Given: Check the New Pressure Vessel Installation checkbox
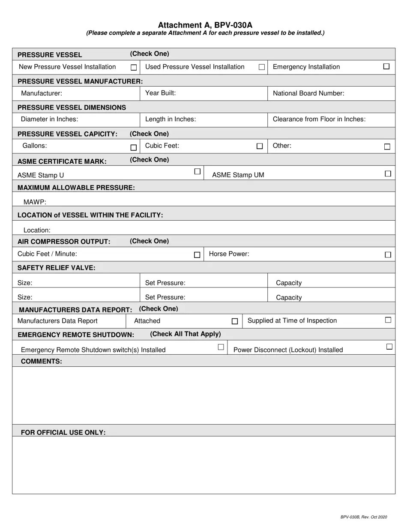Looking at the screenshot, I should [134, 68].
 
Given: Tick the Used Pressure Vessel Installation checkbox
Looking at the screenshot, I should [261, 67].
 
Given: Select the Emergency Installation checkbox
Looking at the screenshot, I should [386, 66].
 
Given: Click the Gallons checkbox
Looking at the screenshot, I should [133, 148].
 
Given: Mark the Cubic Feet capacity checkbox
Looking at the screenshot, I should [259, 147].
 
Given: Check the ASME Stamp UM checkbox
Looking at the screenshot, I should [388, 174].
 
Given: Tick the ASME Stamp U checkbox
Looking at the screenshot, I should [197, 171].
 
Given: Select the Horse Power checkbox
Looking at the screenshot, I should [388, 255].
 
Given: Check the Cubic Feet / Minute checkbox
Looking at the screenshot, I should [197, 255].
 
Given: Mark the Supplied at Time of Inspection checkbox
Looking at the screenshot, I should [388, 320].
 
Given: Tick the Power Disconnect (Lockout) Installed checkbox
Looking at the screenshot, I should [389, 347].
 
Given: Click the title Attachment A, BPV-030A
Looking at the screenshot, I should [205, 25].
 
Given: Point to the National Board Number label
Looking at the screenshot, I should [308, 93].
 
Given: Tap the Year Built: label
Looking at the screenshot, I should [161, 93].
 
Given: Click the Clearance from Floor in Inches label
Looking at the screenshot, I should [319, 119].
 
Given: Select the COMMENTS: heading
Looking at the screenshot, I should [42, 361].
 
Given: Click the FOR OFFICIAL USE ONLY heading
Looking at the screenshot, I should [63, 432].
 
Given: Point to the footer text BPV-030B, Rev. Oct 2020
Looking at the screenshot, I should [364, 517].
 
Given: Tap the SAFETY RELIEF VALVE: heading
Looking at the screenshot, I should [56, 268].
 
